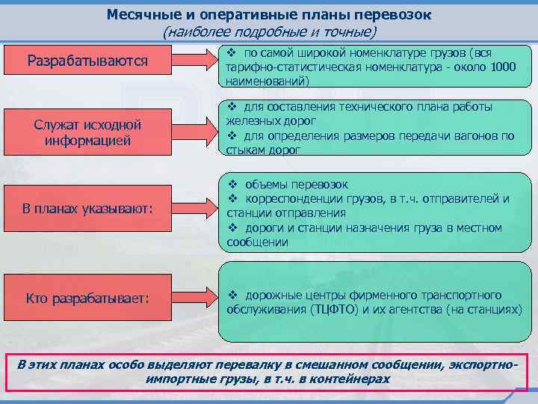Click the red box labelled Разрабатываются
coord(87,60)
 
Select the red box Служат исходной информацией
coord(87,131)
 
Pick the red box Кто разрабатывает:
coord(87,299)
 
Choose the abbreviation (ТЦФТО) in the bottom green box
coord(332,309)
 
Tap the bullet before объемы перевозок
coord(232,184)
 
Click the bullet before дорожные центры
coord(232,296)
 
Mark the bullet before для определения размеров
coord(232,136)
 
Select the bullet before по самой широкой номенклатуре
coord(232,53)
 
